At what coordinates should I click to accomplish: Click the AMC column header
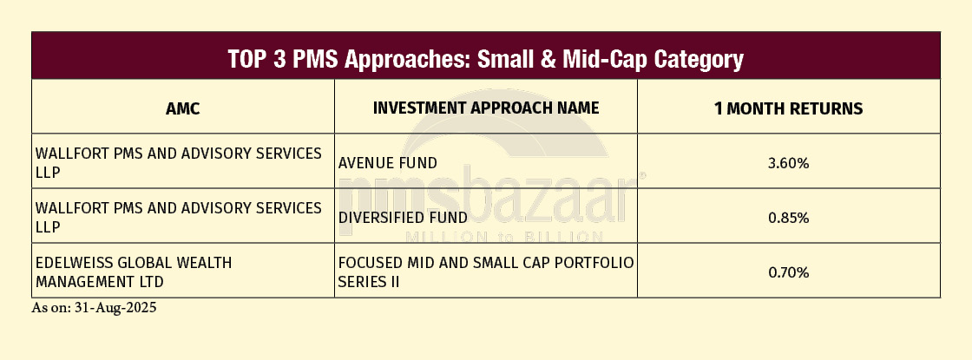coord(183,109)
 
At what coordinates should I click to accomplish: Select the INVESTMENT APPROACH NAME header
coord(486,108)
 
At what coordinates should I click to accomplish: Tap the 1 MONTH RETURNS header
coord(789,109)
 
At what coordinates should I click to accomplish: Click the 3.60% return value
coord(789,164)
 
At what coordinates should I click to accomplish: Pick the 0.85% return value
coord(789,218)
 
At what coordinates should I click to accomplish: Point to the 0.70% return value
coord(789,272)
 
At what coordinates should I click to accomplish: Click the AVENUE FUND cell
coord(387,163)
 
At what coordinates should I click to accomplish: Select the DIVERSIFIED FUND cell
coord(403,218)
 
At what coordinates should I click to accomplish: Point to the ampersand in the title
coord(547,60)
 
